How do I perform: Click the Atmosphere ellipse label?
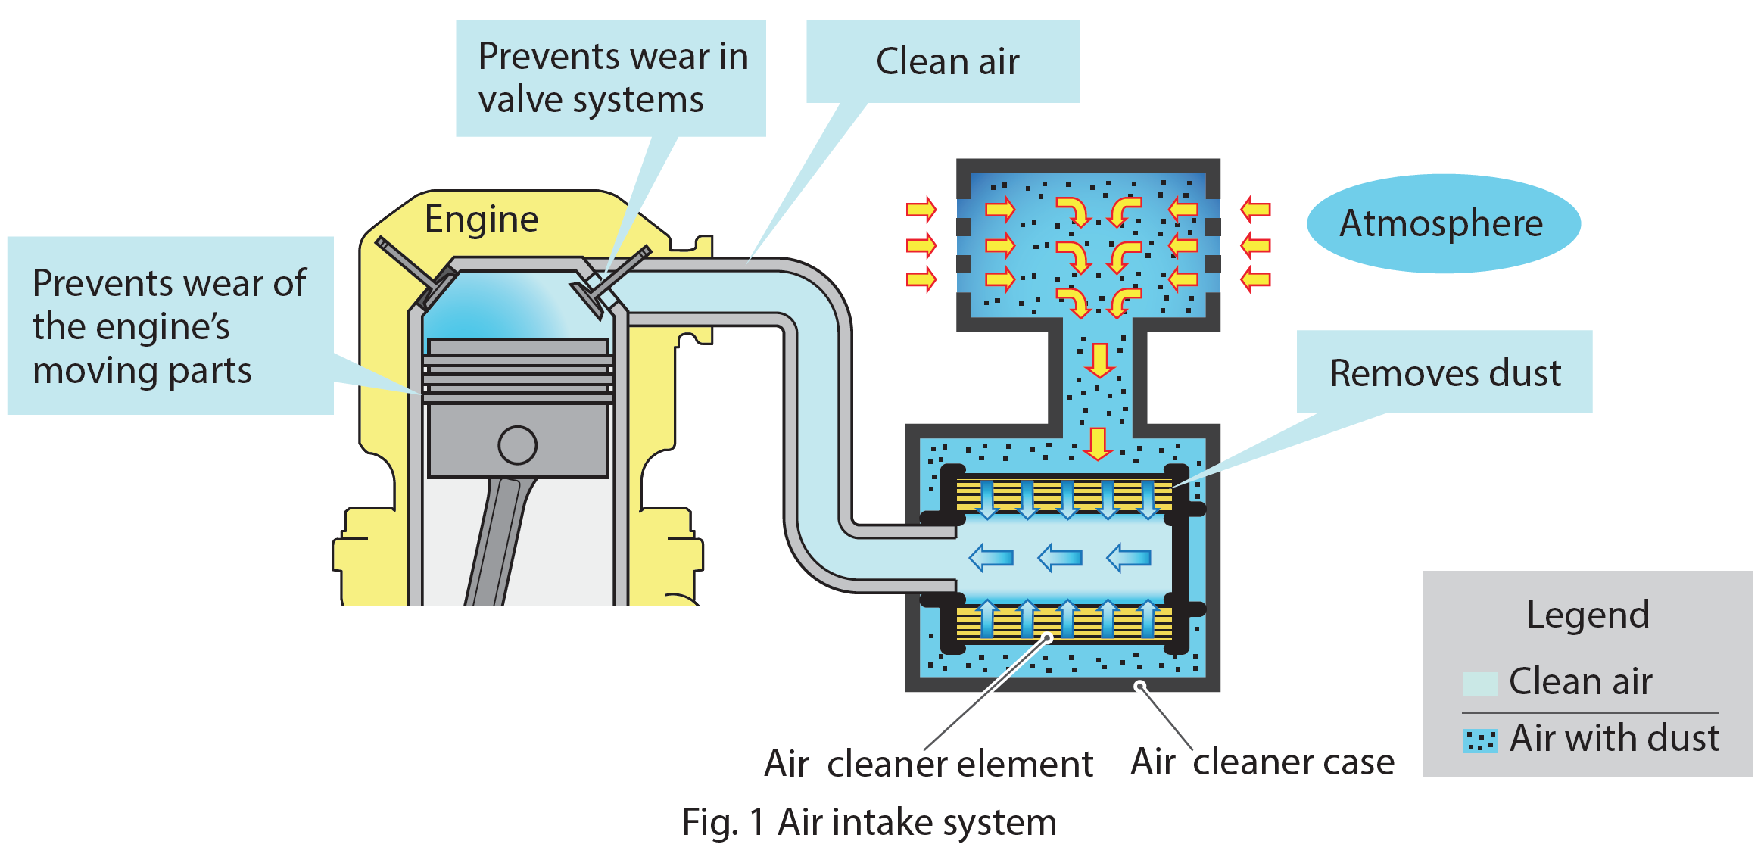(x=1442, y=223)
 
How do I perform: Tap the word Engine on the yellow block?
(x=482, y=220)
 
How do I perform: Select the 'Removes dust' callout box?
(x=1445, y=372)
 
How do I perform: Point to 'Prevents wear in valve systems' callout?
(x=612, y=78)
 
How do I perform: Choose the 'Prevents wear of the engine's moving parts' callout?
(x=170, y=326)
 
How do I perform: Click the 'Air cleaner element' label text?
(x=928, y=763)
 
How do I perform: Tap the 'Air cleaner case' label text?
(x=1262, y=762)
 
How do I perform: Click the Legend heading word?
(x=1588, y=615)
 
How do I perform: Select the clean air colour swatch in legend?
(x=1479, y=684)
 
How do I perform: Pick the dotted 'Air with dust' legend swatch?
(x=1479, y=741)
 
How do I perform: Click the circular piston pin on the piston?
(x=517, y=445)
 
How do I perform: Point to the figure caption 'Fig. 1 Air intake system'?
(x=869, y=822)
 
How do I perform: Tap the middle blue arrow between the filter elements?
(x=1060, y=559)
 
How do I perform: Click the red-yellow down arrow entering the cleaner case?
(x=1097, y=444)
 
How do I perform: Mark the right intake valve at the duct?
(x=606, y=284)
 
